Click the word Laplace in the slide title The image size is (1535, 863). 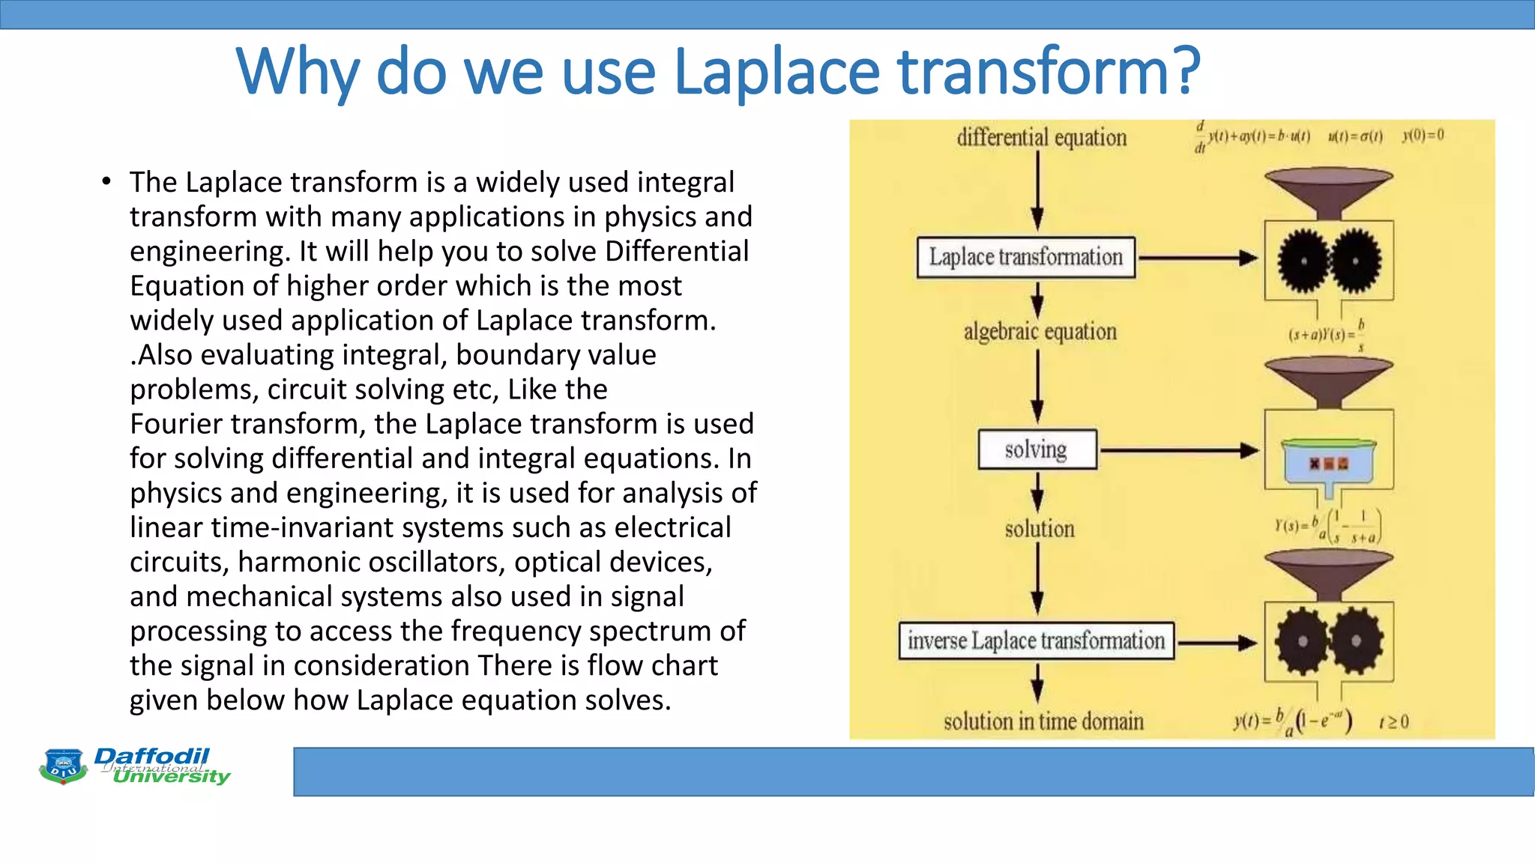click(x=776, y=73)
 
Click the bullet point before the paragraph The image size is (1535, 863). click(x=107, y=182)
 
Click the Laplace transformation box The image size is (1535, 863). click(x=1025, y=257)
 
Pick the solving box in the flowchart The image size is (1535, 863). click(x=1037, y=449)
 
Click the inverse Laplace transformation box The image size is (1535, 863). click(x=1036, y=641)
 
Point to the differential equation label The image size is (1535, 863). click(x=1041, y=138)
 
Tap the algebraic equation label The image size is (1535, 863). click(x=1040, y=331)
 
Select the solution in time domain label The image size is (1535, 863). click(x=1043, y=721)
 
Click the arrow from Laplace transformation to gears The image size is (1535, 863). click(x=1198, y=258)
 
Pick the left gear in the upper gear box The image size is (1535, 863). click(x=1303, y=261)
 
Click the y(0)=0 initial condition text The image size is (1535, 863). click(x=1423, y=136)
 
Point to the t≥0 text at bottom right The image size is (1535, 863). click(x=1393, y=721)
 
